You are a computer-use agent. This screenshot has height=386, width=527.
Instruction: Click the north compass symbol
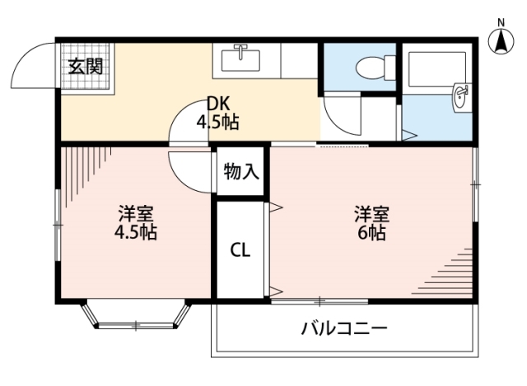499,42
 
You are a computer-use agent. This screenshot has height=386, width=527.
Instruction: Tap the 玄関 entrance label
85,66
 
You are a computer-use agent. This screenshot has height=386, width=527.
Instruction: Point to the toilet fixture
370,65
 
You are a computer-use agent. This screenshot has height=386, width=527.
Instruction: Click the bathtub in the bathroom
436,66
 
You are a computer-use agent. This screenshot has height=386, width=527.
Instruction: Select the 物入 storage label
241,173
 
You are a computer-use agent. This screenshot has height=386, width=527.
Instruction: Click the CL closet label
240,249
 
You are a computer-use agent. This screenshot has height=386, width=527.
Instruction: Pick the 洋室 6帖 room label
371,223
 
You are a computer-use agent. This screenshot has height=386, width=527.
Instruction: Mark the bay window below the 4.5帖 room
135,317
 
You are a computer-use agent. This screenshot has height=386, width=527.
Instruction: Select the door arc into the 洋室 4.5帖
188,169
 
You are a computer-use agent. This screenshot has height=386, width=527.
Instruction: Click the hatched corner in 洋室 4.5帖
82,169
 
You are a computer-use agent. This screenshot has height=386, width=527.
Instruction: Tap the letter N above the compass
500,22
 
